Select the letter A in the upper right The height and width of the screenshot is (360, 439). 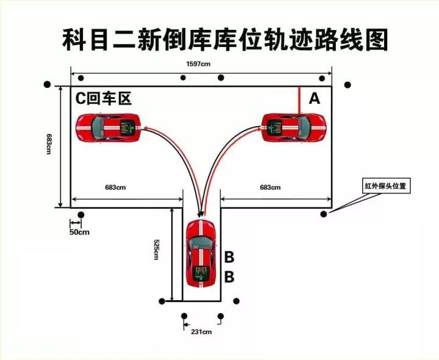click(x=315, y=98)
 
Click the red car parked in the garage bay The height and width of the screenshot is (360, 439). click(x=201, y=251)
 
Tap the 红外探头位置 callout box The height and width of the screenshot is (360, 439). click(x=385, y=184)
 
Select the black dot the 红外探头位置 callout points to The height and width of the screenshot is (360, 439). click(x=324, y=214)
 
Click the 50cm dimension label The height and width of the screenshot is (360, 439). click(x=79, y=232)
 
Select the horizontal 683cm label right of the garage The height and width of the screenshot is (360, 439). click(x=270, y=187)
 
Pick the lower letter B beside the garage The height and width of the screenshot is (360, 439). click(x=229, y=277)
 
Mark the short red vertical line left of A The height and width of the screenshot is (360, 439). click(x=299, y=100)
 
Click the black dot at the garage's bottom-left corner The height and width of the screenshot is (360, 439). click(x=162, y=301)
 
